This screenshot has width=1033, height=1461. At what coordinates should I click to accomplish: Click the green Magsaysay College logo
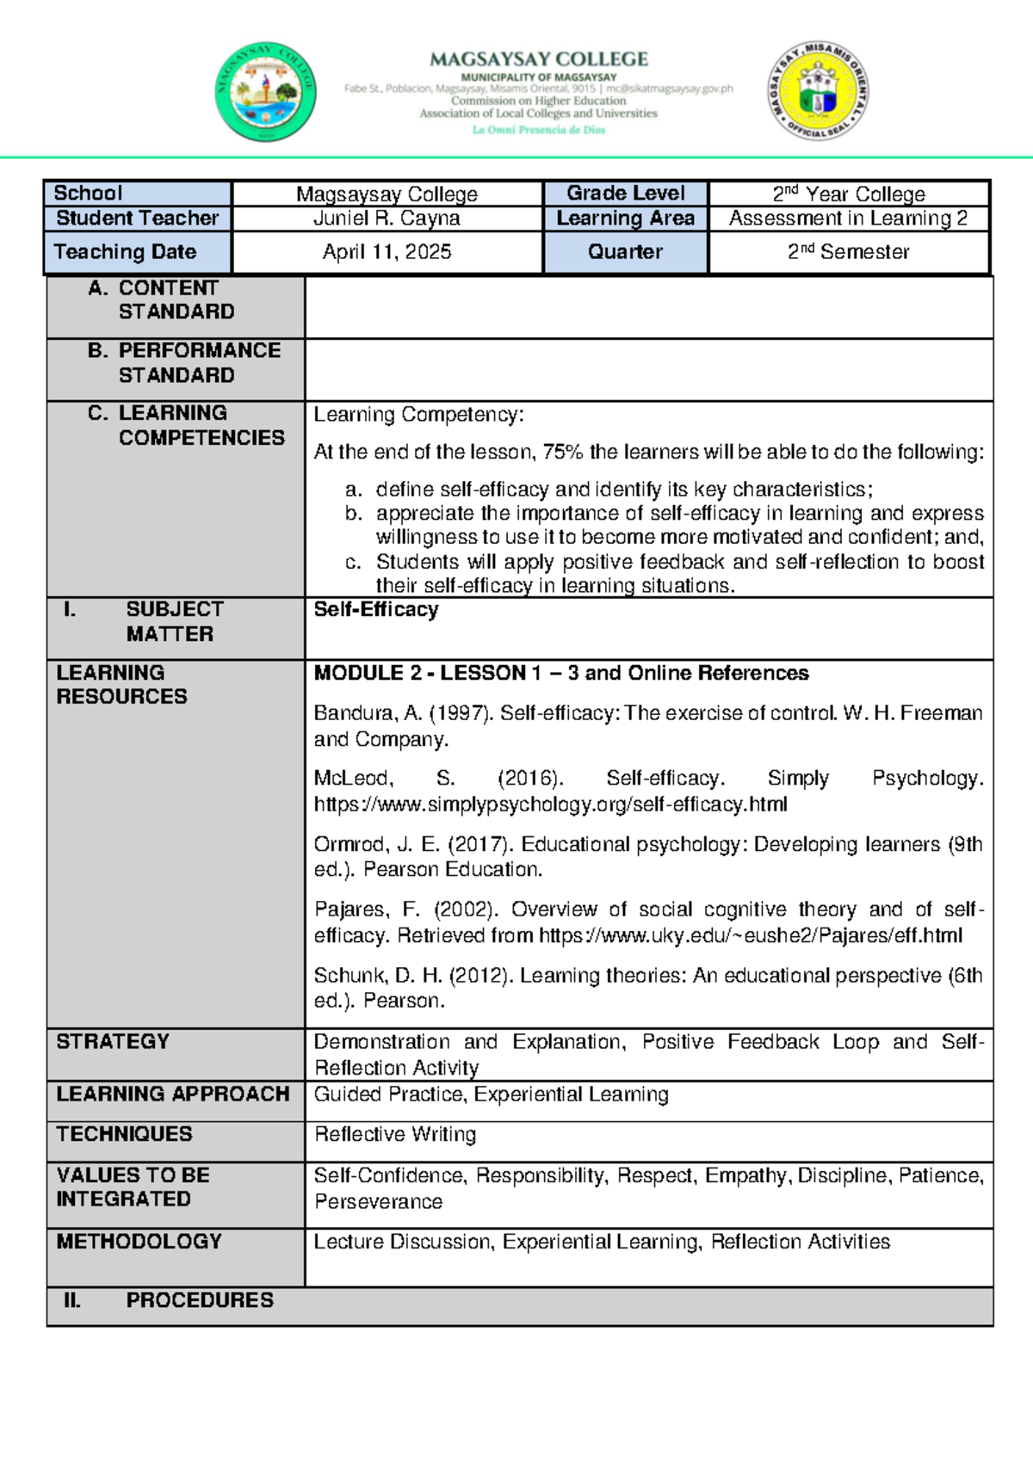tap(265, 92)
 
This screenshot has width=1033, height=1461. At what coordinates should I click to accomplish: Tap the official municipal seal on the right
tap(817, 90)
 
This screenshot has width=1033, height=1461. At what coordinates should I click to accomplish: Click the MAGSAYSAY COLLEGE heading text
tap(539, 59)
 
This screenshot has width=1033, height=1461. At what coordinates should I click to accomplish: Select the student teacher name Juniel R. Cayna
tap(387, 219)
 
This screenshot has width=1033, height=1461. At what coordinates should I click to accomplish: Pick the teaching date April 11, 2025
tap(387, 252)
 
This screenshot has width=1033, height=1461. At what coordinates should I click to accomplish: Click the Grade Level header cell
tap(625, 193)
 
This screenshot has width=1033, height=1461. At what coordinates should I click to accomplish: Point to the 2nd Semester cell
tap(848, 252)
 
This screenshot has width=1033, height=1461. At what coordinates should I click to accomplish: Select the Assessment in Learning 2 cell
tap(848, 219)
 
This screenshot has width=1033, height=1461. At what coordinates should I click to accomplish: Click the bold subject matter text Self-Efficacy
tap(376, 610)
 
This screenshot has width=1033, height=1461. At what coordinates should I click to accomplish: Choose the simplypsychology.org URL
tap(550, 804)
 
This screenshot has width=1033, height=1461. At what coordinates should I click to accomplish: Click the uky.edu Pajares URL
tap(750, 936)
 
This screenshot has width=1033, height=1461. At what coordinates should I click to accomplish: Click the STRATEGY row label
tap(113, 1042)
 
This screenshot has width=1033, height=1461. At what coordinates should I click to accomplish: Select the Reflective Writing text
tap(395, 1135)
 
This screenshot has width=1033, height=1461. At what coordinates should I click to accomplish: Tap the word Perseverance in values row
tap(378, 1202)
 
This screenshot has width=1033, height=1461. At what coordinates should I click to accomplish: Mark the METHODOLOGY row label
tap(139, 1242)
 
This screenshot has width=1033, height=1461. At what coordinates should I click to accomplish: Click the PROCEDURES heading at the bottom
tap(200, 1300)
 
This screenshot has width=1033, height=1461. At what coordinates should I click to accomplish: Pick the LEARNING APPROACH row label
tap(173, 1094)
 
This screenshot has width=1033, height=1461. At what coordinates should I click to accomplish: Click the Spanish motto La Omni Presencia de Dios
tap(539, 130)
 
